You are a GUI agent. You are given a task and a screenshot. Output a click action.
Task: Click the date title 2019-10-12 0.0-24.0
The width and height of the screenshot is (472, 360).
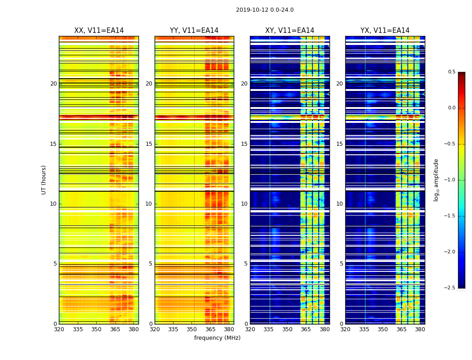coord(264,10)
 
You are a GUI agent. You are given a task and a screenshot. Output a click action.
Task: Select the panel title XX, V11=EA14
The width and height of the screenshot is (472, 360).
coord(99,31)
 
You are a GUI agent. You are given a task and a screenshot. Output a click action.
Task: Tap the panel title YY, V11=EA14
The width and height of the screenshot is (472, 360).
coord(194,31)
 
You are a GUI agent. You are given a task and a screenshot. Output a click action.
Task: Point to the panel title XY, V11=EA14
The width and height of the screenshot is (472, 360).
coord(289,31)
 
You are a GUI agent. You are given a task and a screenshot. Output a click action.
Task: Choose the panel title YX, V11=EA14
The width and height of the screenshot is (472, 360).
coord(385,31)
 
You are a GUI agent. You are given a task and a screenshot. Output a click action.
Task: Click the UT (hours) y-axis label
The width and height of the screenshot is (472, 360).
coord(44,180)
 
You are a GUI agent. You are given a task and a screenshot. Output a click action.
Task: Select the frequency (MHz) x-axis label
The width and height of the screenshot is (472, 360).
coord(217,338)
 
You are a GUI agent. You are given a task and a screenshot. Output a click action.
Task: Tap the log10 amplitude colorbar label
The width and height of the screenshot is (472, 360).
coord(436,180)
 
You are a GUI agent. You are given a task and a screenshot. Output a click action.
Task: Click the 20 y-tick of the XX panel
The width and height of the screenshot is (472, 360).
coord(53,84)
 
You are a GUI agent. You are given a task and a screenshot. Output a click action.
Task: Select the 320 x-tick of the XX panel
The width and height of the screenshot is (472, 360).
coord(59,329)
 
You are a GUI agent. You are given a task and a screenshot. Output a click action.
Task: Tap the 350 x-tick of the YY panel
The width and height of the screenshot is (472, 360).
coord(192,329)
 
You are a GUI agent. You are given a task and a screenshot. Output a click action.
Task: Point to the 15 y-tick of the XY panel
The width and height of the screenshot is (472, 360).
coord(244,144)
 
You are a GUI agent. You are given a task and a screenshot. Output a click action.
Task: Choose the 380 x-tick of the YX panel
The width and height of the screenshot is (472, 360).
coord(420,329)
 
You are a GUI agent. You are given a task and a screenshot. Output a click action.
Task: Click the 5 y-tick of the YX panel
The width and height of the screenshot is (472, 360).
coord(341,264)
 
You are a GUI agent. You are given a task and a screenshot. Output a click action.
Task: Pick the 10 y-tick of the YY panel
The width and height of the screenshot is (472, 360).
coord(149,204)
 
